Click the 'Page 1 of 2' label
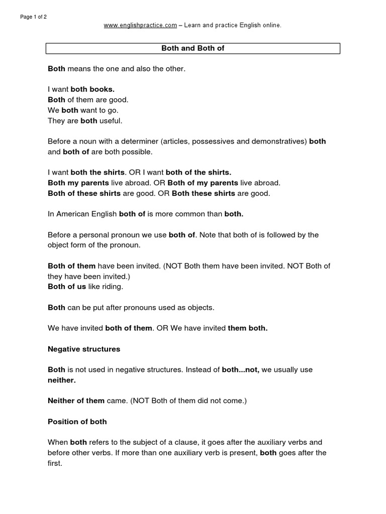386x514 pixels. [33, 17]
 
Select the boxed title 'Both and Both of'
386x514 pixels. [193, 48]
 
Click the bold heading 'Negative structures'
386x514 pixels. [84, 349]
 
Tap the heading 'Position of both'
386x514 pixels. [77, 422]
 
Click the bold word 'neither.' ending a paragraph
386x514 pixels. [61, 380]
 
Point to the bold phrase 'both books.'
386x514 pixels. [92, 89]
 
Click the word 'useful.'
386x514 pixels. [111, 120]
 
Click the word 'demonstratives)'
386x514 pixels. [281, 142]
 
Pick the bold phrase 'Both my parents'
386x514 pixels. [78, 183]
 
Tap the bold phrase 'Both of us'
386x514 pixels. [67, 287]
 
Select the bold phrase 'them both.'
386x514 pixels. [247, 328]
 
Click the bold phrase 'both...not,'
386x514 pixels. [240, 370]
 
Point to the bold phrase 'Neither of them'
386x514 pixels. [76, 401]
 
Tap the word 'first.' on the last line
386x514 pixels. [55, 463]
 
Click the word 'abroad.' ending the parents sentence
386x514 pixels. [267, 183]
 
